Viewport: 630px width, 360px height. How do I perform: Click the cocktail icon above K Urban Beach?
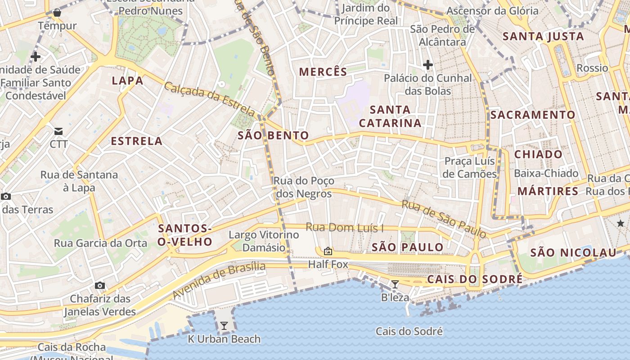(224, 326)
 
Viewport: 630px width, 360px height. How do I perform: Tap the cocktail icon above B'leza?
(395, 284)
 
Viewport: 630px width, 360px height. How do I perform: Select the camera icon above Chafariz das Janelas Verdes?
(100, 285)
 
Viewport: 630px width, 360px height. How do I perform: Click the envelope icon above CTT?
(58, 131)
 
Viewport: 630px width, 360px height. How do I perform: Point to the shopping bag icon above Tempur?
(57, 13)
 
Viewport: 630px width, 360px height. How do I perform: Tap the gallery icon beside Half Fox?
(328, 251)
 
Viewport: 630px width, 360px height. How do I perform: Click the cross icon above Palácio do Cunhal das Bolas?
(427, 65)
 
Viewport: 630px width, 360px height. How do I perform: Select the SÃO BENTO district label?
(273, 135)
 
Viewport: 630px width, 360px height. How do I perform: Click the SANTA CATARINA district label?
(390, 116)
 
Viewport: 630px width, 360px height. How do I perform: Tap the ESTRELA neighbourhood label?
(137, 141)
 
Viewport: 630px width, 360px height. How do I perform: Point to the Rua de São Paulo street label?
(444, 219)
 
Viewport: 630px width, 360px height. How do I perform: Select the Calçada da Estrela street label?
(210, 99)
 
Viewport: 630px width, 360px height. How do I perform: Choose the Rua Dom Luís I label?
(345, 228)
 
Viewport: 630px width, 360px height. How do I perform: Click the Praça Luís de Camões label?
(469, 167)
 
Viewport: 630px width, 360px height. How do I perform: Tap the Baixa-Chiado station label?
(546, 173)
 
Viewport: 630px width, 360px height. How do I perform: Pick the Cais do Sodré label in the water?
(409, 332)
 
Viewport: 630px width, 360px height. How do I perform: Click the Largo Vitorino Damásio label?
(264, 241)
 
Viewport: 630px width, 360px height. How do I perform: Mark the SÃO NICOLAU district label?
(573, 252)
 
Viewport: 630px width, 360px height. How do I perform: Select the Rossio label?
(592, 68)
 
